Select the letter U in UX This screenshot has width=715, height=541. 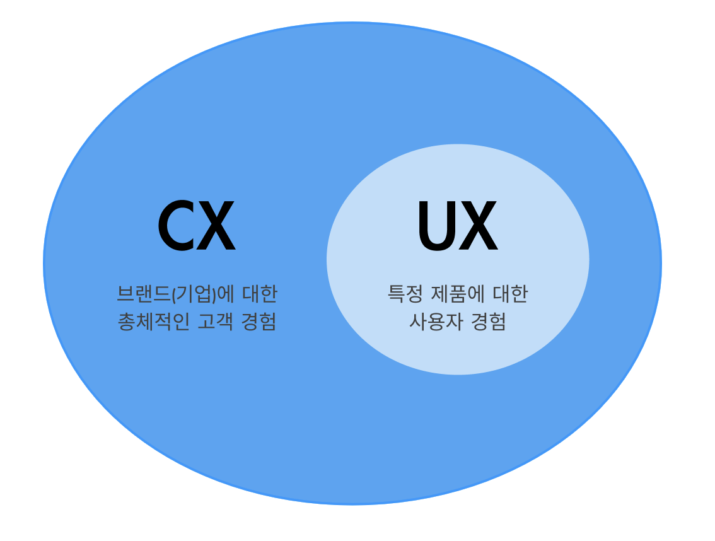click(x=436, y=226)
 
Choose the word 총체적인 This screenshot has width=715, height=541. click(x=153, y=322)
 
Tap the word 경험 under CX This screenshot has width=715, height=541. click(x=259, y=322)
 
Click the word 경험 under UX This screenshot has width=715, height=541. click(x=489, y=322)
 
